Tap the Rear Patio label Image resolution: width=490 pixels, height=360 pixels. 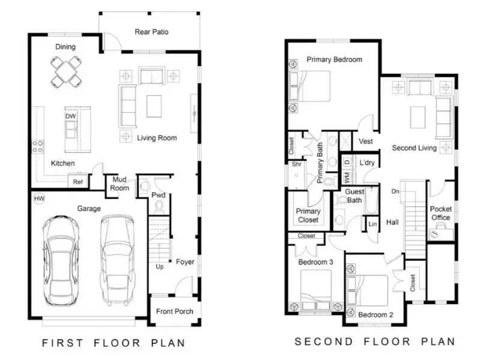pos(151,32)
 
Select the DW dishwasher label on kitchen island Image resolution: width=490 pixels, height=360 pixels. pos(70,116)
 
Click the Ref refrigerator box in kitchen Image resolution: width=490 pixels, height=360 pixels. pos(78,182)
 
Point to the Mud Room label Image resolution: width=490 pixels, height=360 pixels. pos(119,184)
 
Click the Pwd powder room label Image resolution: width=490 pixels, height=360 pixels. pos(159,196)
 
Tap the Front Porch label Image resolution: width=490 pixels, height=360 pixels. pos(174,311)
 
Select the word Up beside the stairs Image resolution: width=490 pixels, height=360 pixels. pos(160,266)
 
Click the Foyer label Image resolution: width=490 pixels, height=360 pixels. pos(185,262)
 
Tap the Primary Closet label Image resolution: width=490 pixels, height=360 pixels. pos(308,215)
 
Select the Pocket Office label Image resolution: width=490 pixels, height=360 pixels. pos(441,213)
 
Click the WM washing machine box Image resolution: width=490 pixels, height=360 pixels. pos(346,177)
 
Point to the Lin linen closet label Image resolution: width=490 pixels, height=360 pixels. pos(373,224)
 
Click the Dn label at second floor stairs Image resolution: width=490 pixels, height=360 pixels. pos(395,192)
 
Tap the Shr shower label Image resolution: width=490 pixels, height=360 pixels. pos(296,164)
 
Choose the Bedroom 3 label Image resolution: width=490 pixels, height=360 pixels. pos(315,263)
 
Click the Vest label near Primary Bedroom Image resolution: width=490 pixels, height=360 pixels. pos(366,142)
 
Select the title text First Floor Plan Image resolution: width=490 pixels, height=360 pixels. pos(113,343)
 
